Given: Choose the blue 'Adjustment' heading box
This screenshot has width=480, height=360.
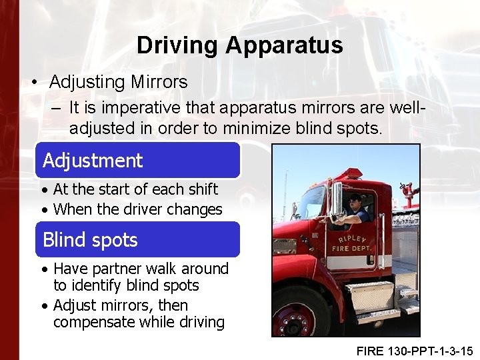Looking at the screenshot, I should point(137,160).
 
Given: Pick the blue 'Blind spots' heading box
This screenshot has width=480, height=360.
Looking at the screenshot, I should point(137,239).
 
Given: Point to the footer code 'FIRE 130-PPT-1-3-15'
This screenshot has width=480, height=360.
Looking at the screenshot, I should point(415,350).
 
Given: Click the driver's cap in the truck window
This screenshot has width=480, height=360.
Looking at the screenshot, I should point(355,198).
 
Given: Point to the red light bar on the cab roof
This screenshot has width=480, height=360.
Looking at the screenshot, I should point(347,175).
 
